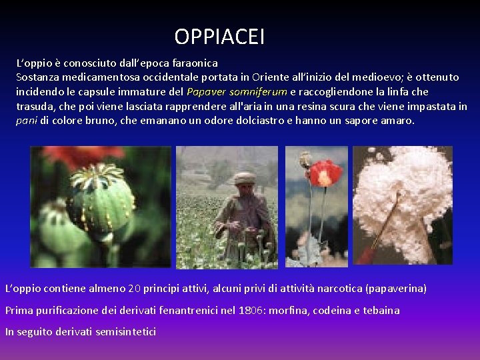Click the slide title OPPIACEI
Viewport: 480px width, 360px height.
click(219, 36)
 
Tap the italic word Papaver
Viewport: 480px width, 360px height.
click(206, 92)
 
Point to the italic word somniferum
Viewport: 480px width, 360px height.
click(258, 92)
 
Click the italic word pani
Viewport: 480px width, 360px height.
click(27, 121)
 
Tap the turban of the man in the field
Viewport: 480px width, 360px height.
click(245, 178)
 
